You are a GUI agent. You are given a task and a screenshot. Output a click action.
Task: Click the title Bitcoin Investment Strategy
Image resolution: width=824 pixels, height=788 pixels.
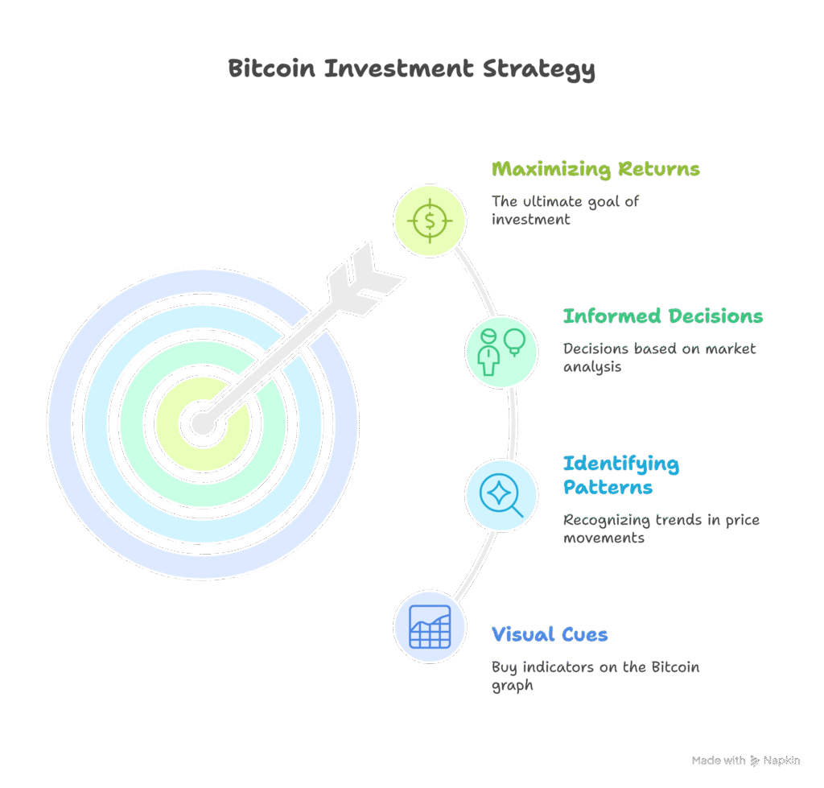point(411,69)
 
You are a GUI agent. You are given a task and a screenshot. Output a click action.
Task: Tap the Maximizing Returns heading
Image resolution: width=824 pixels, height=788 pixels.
point(595,169)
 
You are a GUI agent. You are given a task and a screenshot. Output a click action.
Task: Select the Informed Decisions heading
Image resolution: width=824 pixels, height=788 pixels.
point(663,316)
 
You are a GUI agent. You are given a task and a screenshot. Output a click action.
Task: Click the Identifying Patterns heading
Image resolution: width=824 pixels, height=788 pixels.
point(621,475)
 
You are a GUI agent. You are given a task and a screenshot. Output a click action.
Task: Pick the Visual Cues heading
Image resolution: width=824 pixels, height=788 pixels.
point(550,634)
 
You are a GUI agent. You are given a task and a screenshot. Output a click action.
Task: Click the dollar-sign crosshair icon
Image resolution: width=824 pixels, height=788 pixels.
point(430,221)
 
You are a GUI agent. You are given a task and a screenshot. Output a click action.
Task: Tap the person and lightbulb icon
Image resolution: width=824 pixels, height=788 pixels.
point(501,352)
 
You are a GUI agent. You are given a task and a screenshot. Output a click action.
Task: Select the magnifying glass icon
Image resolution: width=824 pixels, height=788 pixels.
point(501,495)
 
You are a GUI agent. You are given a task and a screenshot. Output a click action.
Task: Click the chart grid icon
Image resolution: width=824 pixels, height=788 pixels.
point(430,626)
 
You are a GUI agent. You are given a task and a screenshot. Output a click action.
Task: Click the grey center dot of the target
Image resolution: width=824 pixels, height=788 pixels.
point(203,423)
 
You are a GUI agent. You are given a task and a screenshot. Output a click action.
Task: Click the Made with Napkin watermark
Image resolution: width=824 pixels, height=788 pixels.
point(746,760)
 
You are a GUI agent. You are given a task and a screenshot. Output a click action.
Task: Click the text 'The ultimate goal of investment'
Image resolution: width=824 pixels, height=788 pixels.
point(565,210)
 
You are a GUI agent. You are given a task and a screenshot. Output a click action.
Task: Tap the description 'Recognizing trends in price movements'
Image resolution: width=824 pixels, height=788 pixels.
point(661,528)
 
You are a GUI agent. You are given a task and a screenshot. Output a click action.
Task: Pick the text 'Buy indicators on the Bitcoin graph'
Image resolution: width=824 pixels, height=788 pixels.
point(595,676)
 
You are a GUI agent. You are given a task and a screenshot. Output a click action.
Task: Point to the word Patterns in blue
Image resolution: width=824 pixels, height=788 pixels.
point(608,487)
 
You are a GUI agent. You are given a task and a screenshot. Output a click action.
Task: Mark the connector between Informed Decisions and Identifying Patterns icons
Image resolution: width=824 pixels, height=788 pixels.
point(513,423)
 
